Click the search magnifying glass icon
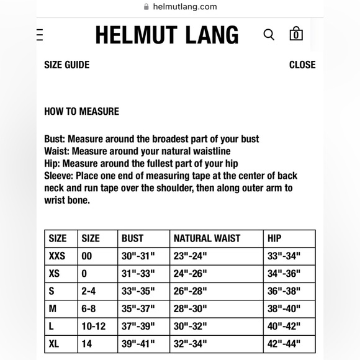click(x=269, y=35)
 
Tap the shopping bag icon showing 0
click(x=296, y=34)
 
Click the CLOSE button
click(x=302, y=65)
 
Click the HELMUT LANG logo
click(x=167, y=35)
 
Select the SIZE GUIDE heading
click(x=66, y=65)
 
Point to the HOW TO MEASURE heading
click(x=81, y=112)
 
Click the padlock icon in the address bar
click(x=146, y=7)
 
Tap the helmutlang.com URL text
click(x=185, y=7)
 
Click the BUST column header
click(x=133, y=238)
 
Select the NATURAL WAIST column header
click(x=207, y=238)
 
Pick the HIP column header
click(x=274, y=238)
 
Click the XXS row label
click(x=57, y=256)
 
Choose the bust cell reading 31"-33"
click(x=138, y=273)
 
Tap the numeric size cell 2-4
click(x=89, y=291)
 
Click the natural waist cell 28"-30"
click(x=190, y=308)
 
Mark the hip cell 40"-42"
click(x=284, y=326)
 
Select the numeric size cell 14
click(x=87, y=343)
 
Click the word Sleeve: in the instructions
click(x=58, y=176)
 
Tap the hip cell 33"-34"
click(x=284, y=256)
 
